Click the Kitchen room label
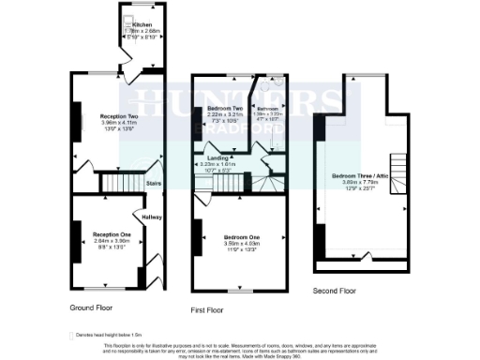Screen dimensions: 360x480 (x=142, y=24)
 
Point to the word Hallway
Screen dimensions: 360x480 (x=152, y=217)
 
